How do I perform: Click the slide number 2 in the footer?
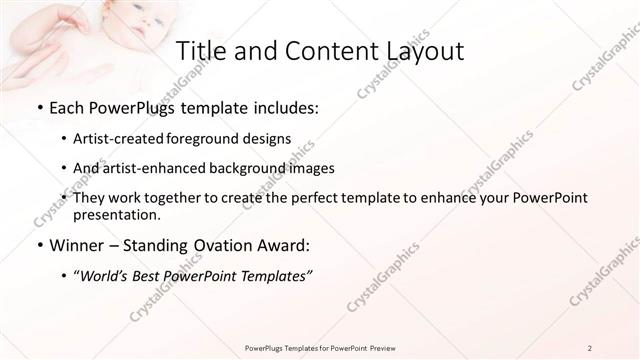pos(590,347)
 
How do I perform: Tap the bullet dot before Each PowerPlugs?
pos(39,108)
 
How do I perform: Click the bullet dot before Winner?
pos(39,245)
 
